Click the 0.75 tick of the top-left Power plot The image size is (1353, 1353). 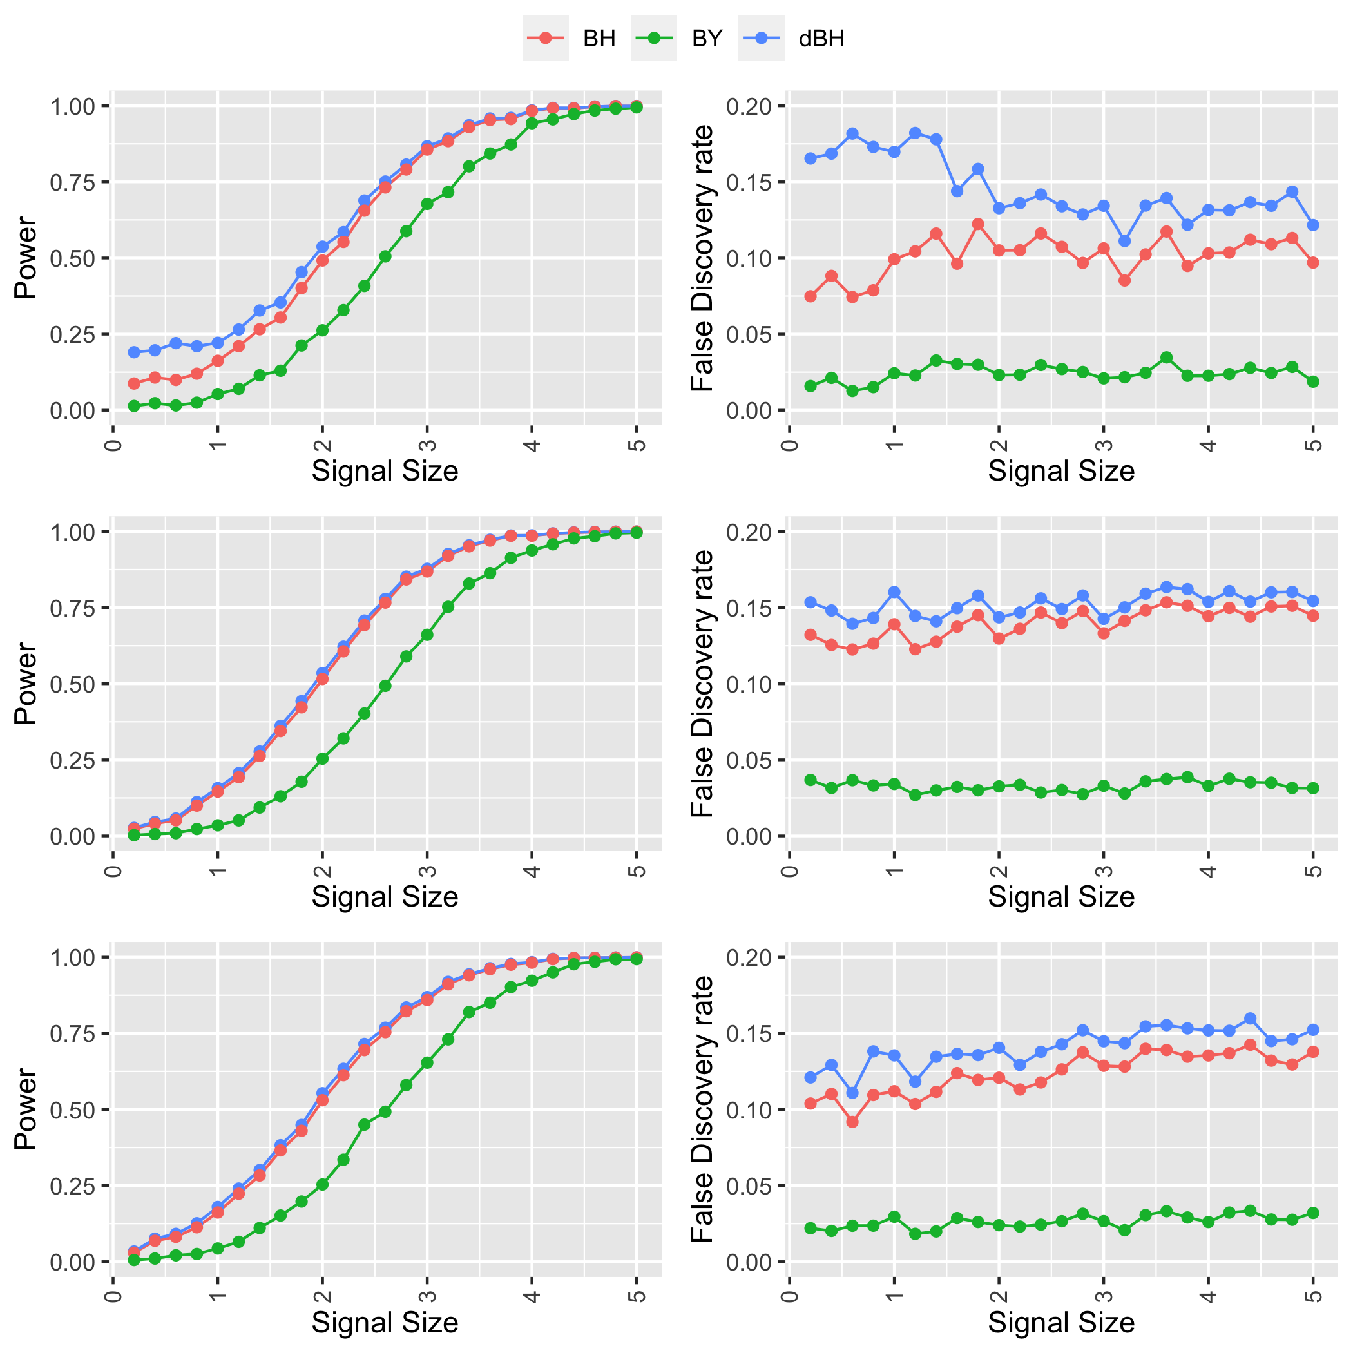[x=72, y=182]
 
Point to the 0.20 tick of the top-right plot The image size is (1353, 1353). [x=749, y=106]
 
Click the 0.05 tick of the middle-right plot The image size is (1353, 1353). [x=749, y=760]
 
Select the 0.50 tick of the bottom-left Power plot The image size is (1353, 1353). [x=72, y=1110]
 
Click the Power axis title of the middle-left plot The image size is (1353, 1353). [x=26, y=684]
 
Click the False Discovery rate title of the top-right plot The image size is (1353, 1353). [x=702, y=258]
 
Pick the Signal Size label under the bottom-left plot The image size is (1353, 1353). [x=385, y=1322]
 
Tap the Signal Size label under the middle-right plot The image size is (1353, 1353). [x=1061, y=896]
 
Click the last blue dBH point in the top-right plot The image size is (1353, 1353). [x=1313, y=225]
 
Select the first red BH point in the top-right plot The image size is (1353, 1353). [x=811, y=296]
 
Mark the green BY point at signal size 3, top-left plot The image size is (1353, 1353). [x=427, y=204]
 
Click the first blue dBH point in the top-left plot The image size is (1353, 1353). [x=134, y=352]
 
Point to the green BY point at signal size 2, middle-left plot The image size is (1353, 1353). [x=322, y=758]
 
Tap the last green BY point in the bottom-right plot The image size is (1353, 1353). [x=1313, y=1213]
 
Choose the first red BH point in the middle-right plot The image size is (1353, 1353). [x=811, y=635]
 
